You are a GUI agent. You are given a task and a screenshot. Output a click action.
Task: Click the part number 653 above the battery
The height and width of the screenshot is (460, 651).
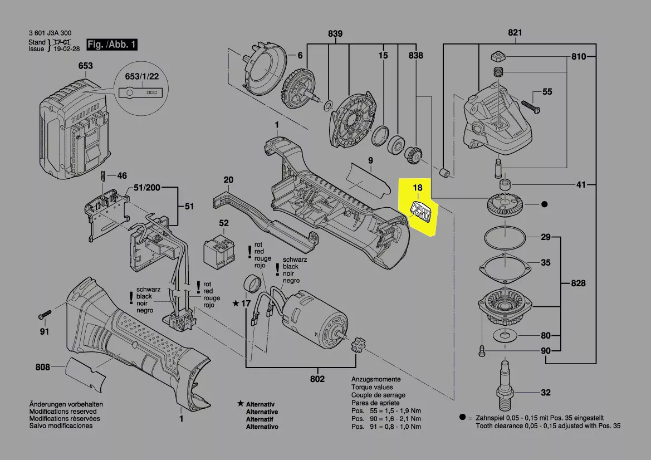pos(85,66)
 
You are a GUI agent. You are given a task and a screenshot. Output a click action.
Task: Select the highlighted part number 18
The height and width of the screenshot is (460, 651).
pos(418,189)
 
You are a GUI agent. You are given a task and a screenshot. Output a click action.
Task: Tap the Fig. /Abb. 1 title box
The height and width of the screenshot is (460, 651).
pos(111,44)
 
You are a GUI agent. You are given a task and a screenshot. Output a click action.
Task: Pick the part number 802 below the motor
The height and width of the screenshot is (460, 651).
pos(317,379)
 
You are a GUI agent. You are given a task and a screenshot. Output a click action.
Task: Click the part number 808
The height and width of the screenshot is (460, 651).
pos(43,367)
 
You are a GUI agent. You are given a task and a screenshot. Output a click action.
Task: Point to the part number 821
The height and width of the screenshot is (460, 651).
pos(515,33)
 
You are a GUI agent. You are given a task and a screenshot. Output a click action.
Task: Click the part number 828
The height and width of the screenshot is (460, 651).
pos(578,283)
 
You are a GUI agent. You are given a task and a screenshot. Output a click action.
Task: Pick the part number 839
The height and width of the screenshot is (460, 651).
pos(335,33)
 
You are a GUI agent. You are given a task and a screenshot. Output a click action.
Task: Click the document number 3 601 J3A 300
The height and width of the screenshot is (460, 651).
pos(50,33)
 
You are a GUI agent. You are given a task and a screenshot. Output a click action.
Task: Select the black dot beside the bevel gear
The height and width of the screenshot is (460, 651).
pos(545,205)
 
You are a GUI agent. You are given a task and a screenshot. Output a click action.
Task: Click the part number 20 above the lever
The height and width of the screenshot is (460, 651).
pos(228,180)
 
